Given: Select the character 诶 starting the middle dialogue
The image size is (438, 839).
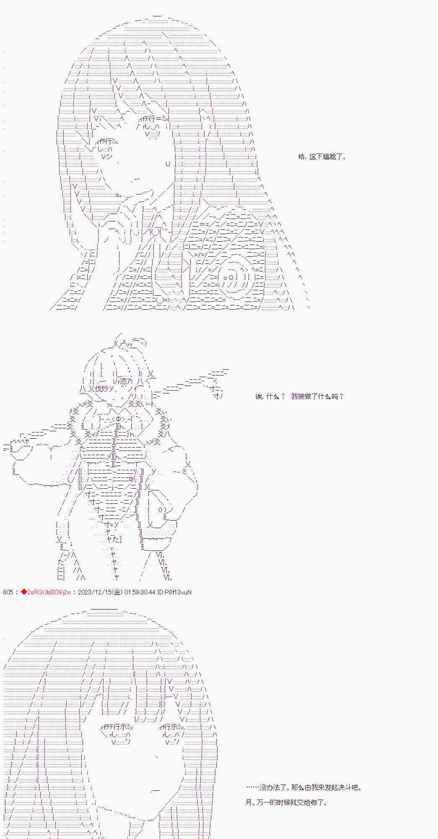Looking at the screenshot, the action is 259,396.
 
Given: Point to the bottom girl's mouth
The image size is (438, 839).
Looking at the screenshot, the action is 155,790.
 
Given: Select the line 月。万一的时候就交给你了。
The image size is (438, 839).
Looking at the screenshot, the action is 286,803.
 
